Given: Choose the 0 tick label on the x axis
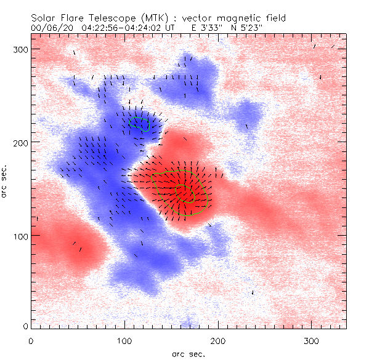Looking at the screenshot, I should [x=31, y=340].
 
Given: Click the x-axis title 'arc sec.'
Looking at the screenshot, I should [x=188, y=353].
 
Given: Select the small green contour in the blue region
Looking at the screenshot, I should [x=140, y=124].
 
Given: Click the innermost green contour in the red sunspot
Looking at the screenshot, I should [x=185, y=193].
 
